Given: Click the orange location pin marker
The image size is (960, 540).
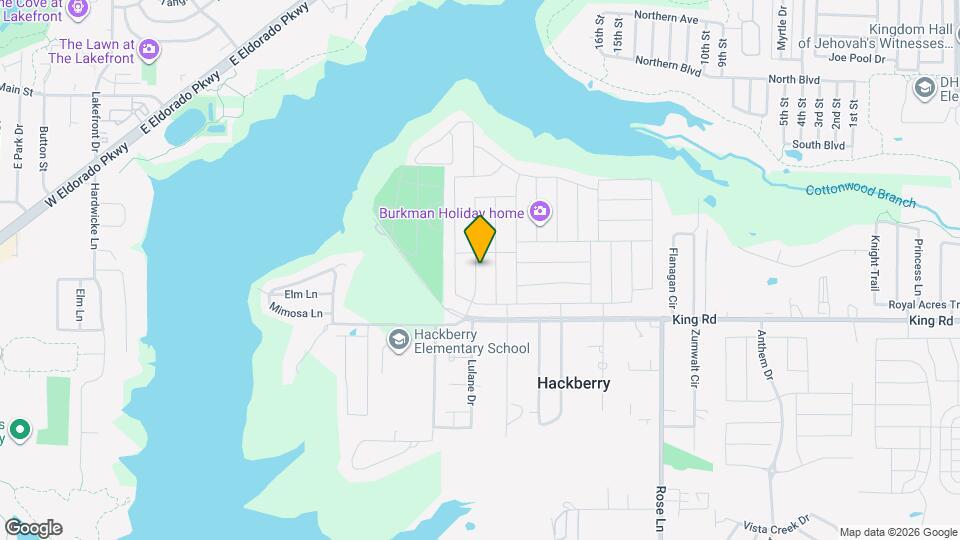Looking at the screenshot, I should coord(480,239).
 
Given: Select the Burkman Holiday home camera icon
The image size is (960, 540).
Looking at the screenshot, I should coord(540,211).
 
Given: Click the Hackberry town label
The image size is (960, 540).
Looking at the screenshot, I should coord(573,383).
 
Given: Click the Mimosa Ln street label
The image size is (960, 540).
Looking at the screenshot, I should coord(296,313).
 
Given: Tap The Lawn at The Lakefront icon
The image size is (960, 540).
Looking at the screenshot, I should coord(149,47).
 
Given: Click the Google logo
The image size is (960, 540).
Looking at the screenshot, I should coord(33,528).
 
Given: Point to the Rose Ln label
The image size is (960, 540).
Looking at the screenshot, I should coord(661,510).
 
